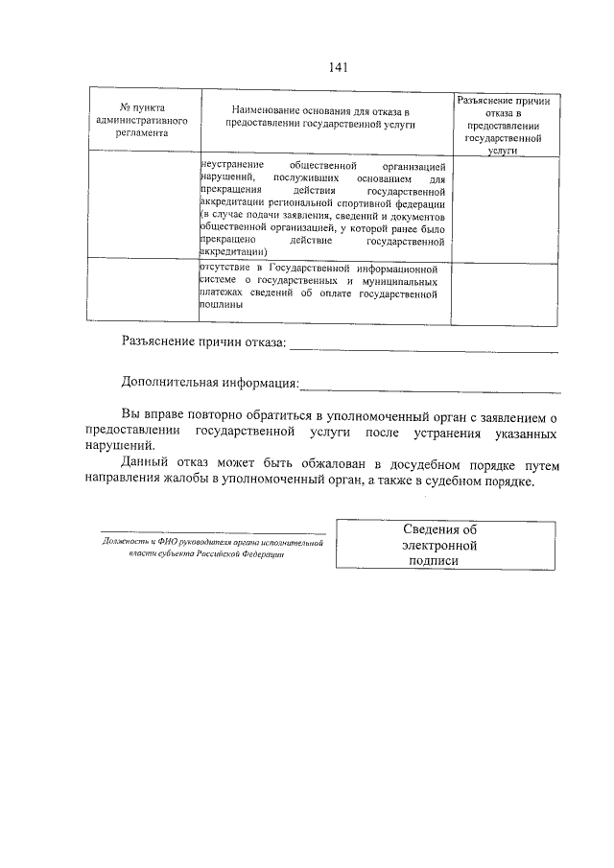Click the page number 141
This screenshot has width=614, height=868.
pyautogui.click(x=337, y=67)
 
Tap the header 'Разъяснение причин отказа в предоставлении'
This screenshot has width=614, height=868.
pyautogui.click(x=506, y=125)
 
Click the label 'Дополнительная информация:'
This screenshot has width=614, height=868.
pyautogui.click(x=210, y=384)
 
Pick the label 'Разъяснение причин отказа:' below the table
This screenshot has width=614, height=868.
pyautogui.click(x=203, y=343)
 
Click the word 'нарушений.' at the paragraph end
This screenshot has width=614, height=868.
pyautogui.click(x=118, y=446)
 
